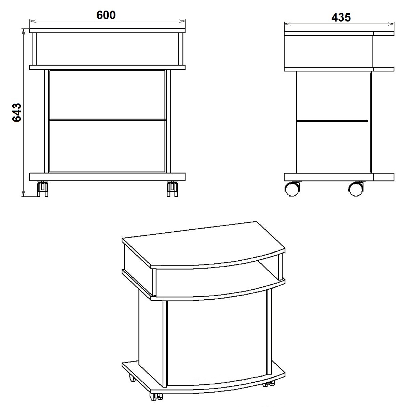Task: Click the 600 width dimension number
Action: (106, 15)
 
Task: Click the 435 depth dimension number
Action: (341, 17)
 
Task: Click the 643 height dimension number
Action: (17, 112)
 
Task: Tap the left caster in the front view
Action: (43, 189)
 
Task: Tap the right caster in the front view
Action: (172, 189)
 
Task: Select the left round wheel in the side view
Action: (292, 189)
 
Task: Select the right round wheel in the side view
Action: (356, 189)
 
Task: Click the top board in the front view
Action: (107, 30)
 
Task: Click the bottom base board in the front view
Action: (107, 177)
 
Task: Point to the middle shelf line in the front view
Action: (107, 120)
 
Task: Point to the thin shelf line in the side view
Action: (332, 121)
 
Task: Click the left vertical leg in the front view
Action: (46, 121)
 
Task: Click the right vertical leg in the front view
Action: (168, 121)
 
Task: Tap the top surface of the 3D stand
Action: (203, 244)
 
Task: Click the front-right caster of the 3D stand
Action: (269, 383)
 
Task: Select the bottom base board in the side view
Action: (339, 177)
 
